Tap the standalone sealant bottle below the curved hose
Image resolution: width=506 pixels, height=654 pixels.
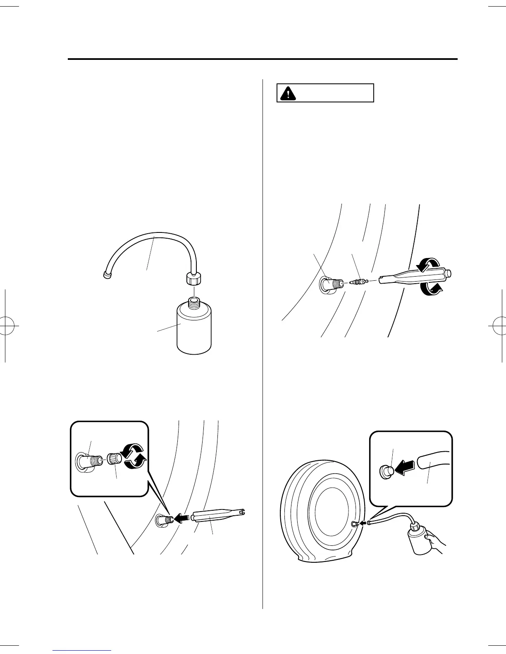[194, 330]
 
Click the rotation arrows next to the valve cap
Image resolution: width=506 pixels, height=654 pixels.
[134, 457]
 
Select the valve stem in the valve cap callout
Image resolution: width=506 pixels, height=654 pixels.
[88, 460]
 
